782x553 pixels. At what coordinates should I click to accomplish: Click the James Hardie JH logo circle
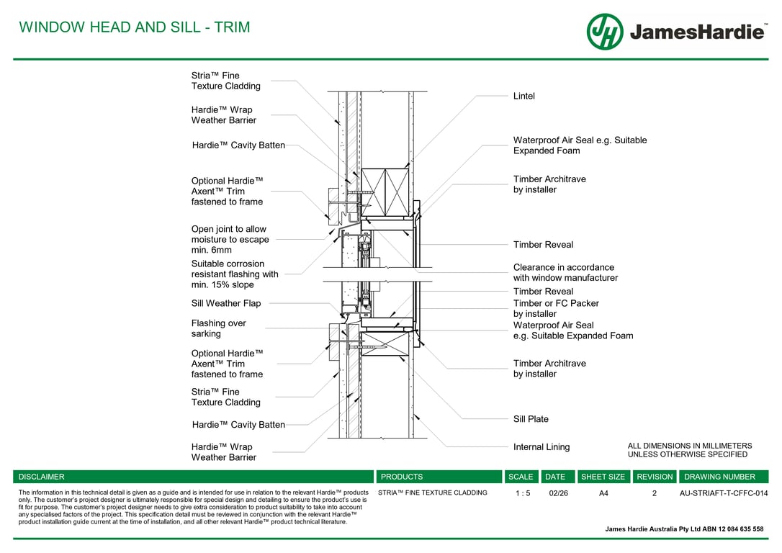[x=605, y=32]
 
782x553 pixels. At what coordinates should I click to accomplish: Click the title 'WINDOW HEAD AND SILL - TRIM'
[x=135, y=27]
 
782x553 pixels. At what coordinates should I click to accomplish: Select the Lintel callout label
[x=523, y=96]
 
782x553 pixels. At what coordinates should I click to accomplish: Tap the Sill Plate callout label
[x=531, y=419]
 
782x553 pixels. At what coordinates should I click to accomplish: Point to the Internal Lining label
[x=541, y=447]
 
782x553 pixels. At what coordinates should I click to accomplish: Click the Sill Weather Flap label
[x=226, y=303]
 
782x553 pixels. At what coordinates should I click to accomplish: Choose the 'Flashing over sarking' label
[x=218, y=328]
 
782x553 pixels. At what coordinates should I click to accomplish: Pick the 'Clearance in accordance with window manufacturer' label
[x=565, y=272]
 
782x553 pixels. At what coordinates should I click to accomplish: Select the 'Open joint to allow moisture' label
[x=229, y=240]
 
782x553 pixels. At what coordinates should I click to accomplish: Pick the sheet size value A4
[x=603, y=493]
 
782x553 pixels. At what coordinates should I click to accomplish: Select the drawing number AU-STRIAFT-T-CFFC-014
[x=724, y=493]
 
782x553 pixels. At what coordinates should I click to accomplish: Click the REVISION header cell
[x=655, y=477]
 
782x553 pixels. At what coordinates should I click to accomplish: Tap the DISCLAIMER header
[x=42, y=477]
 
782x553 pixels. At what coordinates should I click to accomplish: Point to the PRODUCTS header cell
[x=402, y=477]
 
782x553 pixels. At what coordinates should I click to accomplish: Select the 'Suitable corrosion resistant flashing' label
[x=235, y=274]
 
